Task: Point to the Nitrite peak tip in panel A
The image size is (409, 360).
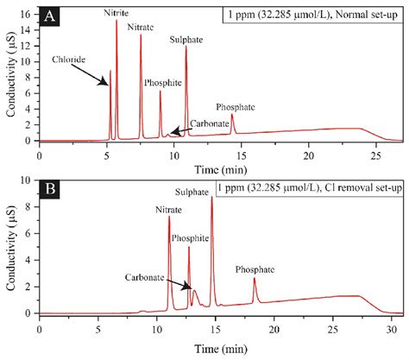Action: point(116,21)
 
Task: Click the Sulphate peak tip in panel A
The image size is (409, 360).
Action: point(186,47)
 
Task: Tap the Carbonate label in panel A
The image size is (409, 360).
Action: point(210,123)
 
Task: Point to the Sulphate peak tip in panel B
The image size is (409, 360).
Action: point(211,198)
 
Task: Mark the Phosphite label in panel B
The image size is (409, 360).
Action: point(189,237)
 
